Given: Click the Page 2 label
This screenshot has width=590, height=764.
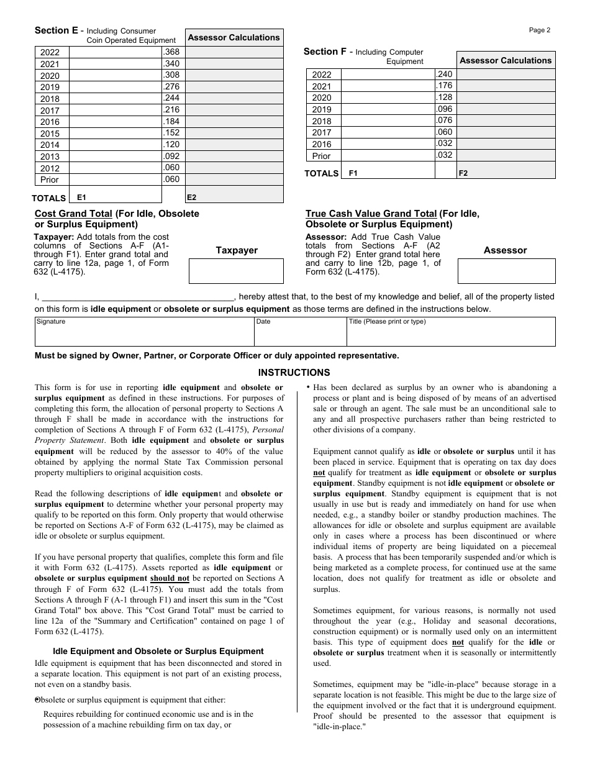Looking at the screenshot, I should tap(539, 30).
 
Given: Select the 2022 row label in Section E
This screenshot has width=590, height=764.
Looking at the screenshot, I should tap(50, 52).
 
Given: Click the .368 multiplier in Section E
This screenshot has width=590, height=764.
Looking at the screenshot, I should tap(171, 52).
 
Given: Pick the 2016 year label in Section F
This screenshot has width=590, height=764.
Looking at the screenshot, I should tap(322, 144).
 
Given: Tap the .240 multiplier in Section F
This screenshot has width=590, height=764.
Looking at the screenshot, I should tap(444, 74).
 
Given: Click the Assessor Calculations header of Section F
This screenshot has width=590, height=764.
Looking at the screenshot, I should tap(505, 60).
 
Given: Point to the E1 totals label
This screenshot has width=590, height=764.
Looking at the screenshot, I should tap(81, 197).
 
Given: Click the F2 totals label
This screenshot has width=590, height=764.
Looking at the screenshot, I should tap(463, 173).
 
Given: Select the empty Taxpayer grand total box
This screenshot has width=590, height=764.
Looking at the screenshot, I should tap(236, 271).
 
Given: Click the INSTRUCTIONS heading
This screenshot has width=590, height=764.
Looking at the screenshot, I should tap(294, 373).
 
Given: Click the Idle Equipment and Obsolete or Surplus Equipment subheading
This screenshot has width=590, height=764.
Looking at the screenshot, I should tap(158, 651).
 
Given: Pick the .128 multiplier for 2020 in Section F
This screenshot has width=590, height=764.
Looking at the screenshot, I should tap(444, 98).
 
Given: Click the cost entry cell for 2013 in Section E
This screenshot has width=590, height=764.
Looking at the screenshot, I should tap(116, 157).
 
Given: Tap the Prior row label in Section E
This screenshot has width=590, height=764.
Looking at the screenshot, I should tap(50, 180).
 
